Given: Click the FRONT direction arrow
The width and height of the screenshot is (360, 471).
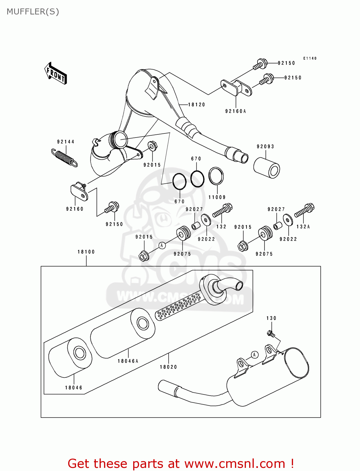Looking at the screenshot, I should (56, 73).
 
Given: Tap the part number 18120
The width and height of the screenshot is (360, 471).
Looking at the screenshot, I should (196, 105).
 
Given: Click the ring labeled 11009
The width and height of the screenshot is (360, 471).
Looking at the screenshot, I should (216, 176).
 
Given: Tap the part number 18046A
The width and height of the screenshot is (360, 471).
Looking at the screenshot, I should (128, 361).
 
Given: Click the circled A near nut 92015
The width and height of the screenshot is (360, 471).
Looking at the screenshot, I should (162, 245).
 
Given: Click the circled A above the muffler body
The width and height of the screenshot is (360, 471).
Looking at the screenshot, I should (255, 355).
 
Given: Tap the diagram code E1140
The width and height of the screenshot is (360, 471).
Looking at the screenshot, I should (310, 58).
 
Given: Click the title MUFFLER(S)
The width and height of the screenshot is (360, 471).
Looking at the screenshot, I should (33, 12).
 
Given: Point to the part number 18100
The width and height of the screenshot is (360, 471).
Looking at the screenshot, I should (86, 252).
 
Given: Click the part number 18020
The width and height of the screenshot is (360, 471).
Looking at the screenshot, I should (168, 367).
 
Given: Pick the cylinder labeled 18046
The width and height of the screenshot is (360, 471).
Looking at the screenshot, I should (70, 358).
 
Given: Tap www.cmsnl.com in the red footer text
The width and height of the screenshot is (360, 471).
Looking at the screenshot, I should (235, 463).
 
